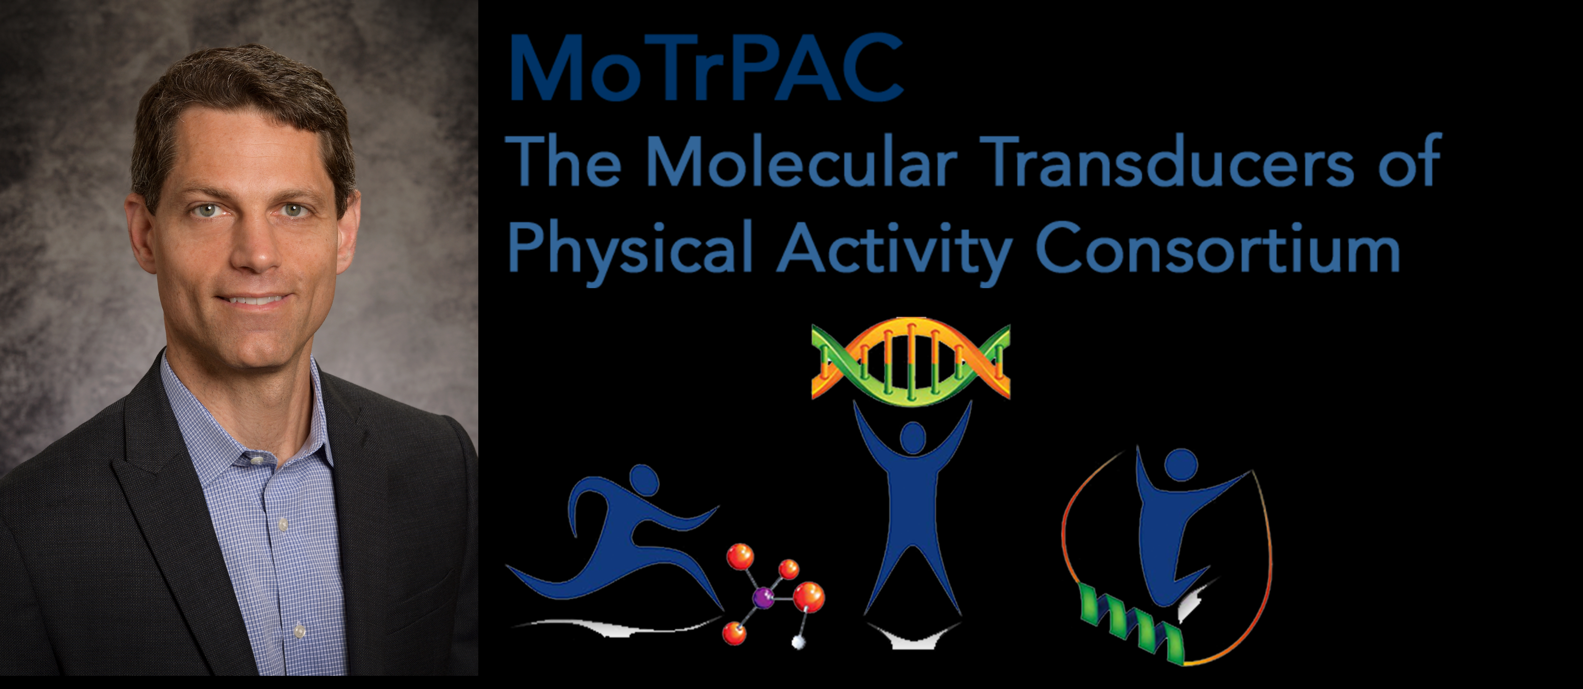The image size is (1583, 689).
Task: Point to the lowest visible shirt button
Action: point(299,631)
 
